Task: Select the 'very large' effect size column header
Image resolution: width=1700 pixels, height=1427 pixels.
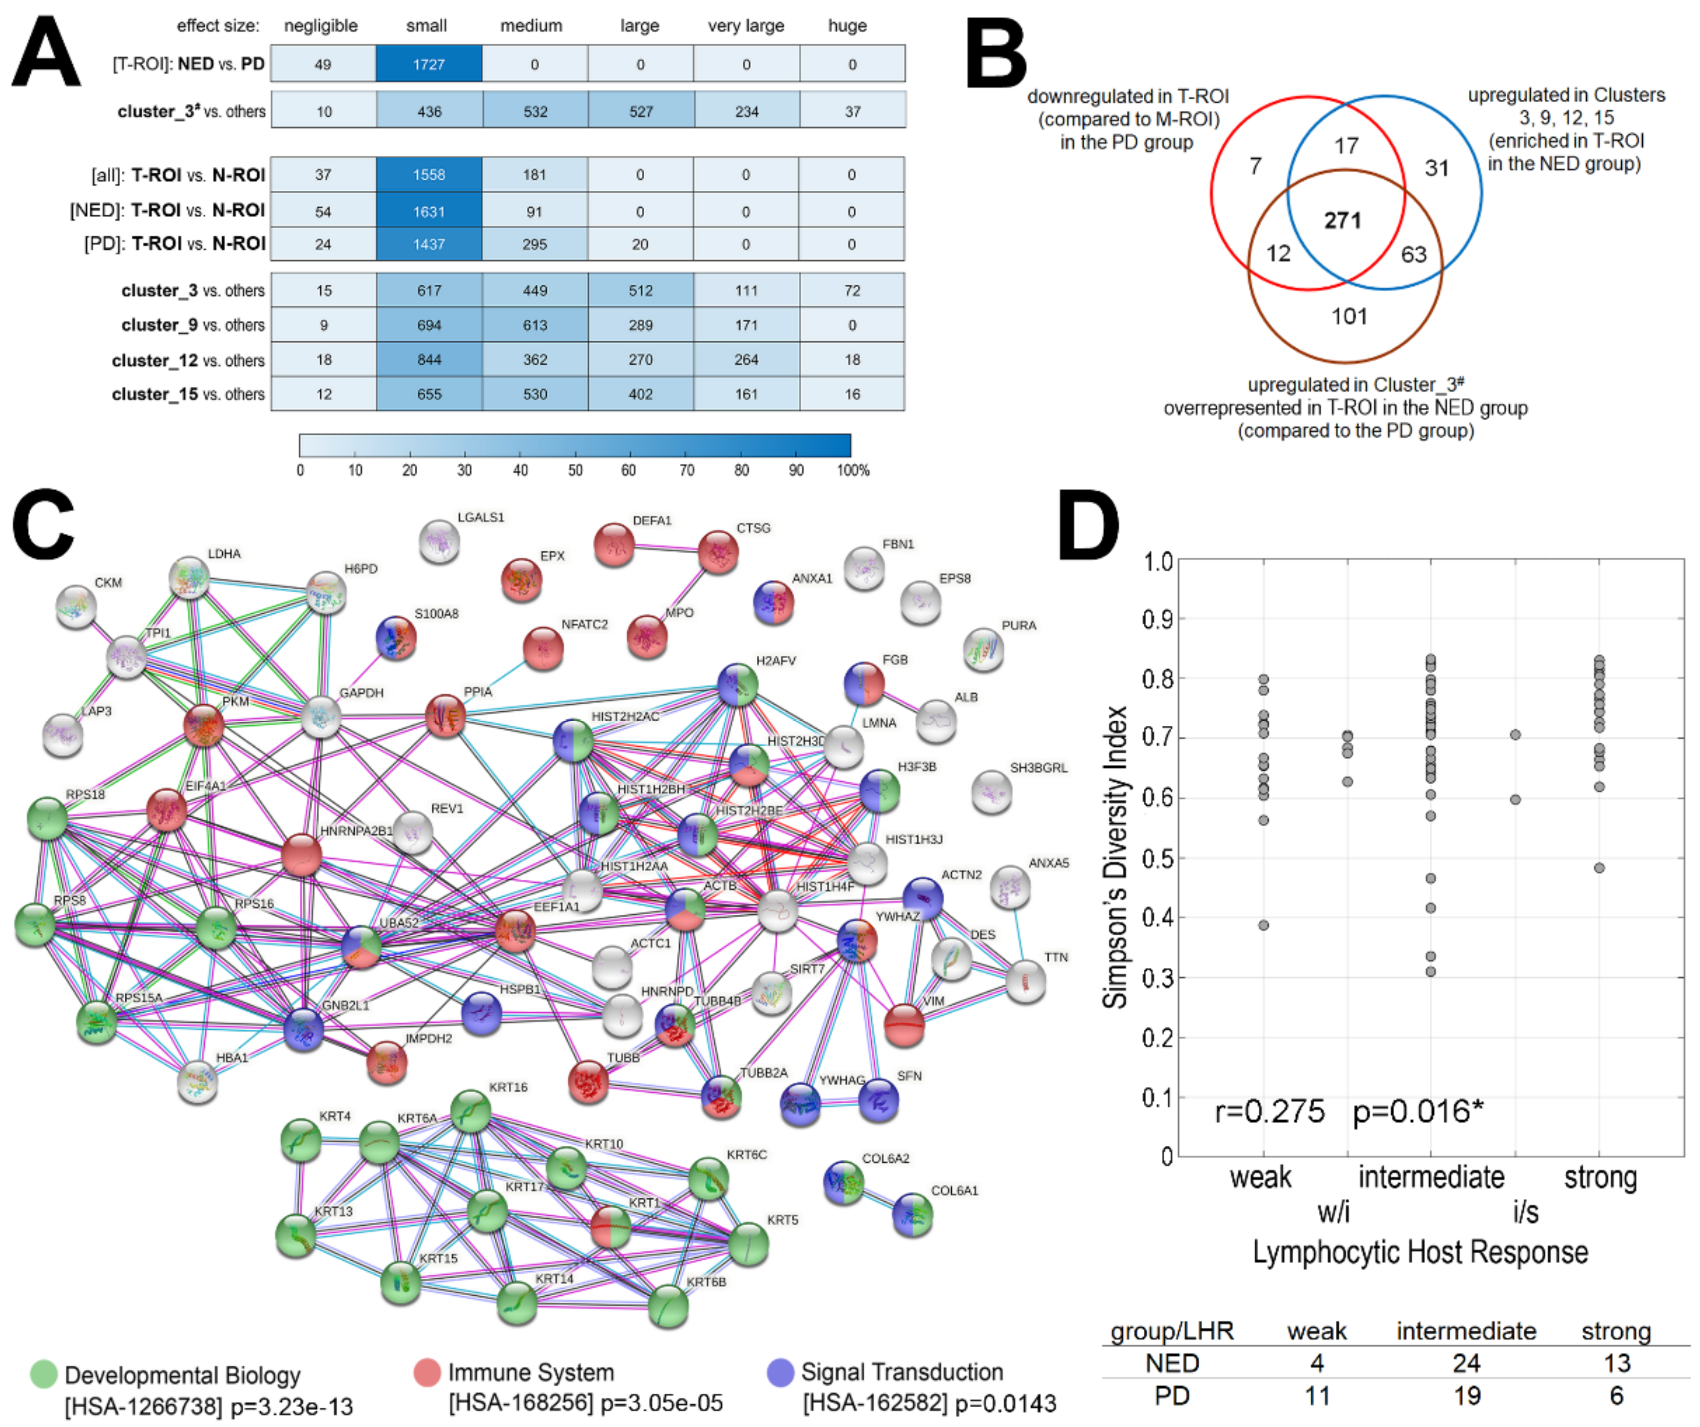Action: tap(746, 26)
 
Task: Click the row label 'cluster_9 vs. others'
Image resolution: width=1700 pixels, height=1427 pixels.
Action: tap(193, 325)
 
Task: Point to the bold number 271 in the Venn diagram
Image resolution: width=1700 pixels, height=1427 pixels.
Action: tap(1342, 220)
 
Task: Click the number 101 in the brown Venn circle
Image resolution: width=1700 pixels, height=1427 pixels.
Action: tap(1350, 316)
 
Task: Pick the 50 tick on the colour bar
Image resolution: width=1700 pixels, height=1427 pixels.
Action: tap(575, 470)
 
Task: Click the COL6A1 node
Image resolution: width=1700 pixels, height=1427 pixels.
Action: tap(913, 1214)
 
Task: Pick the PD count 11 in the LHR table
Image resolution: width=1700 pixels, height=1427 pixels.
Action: tap(1317, 1395)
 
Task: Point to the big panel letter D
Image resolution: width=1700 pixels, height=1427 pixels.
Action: tap(1089, 526)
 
